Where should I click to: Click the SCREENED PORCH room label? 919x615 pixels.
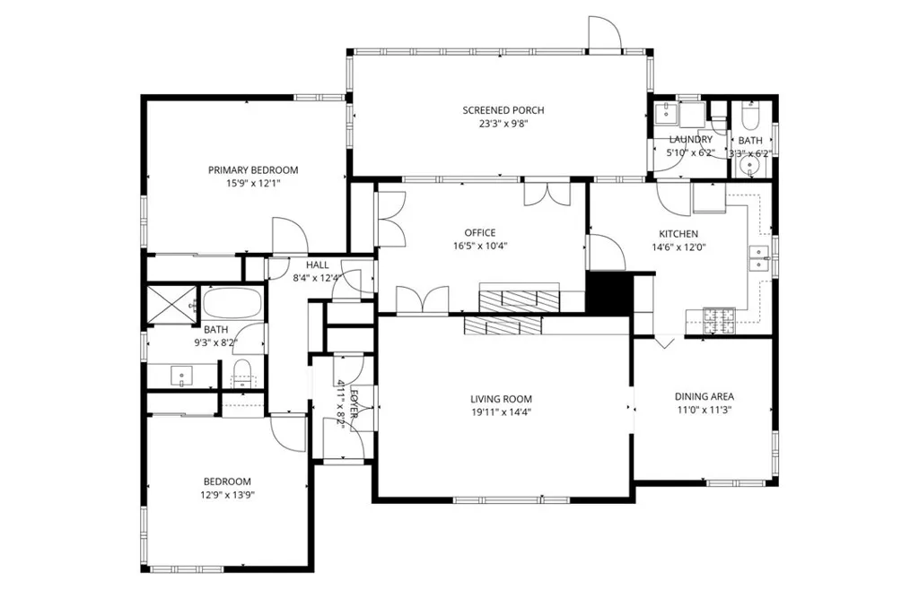tap(503, 110)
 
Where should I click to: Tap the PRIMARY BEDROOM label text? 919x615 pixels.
tap(253, 169)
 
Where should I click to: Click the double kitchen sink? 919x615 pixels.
tap(759, 258)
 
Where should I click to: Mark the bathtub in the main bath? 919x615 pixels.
tap(232, 302)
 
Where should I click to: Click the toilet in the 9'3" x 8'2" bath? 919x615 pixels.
tap(241, 372)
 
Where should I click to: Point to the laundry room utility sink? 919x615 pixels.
tap(665, 114)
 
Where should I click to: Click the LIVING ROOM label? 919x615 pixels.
tap(501, 399)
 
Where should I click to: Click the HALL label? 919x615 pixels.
tap(317, 265)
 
